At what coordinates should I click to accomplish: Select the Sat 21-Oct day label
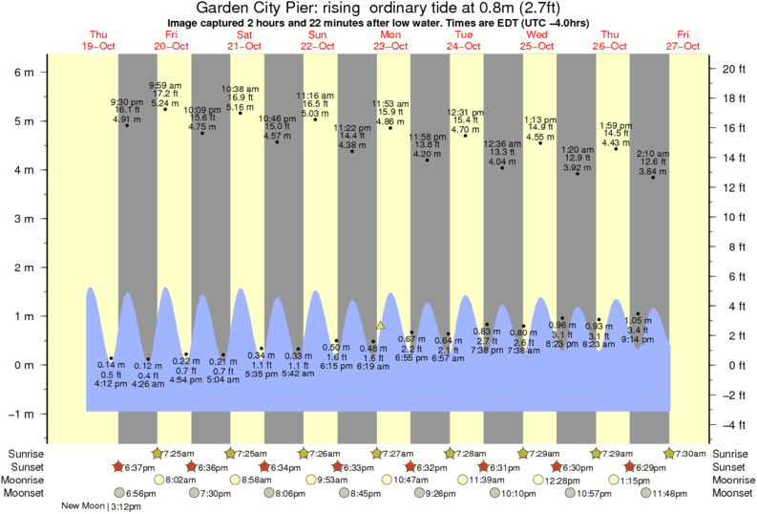pos(244,40)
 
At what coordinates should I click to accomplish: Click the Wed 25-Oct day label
pos(536,40)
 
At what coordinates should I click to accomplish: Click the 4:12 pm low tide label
pos(112,385)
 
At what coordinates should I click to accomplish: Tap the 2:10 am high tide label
pos(653,153)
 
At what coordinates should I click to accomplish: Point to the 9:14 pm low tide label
pos(639,339)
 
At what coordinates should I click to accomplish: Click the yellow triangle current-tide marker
pos(380,326)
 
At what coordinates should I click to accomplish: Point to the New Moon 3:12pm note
pos(100,505)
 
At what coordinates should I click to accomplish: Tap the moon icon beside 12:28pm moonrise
pos(539,480)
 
